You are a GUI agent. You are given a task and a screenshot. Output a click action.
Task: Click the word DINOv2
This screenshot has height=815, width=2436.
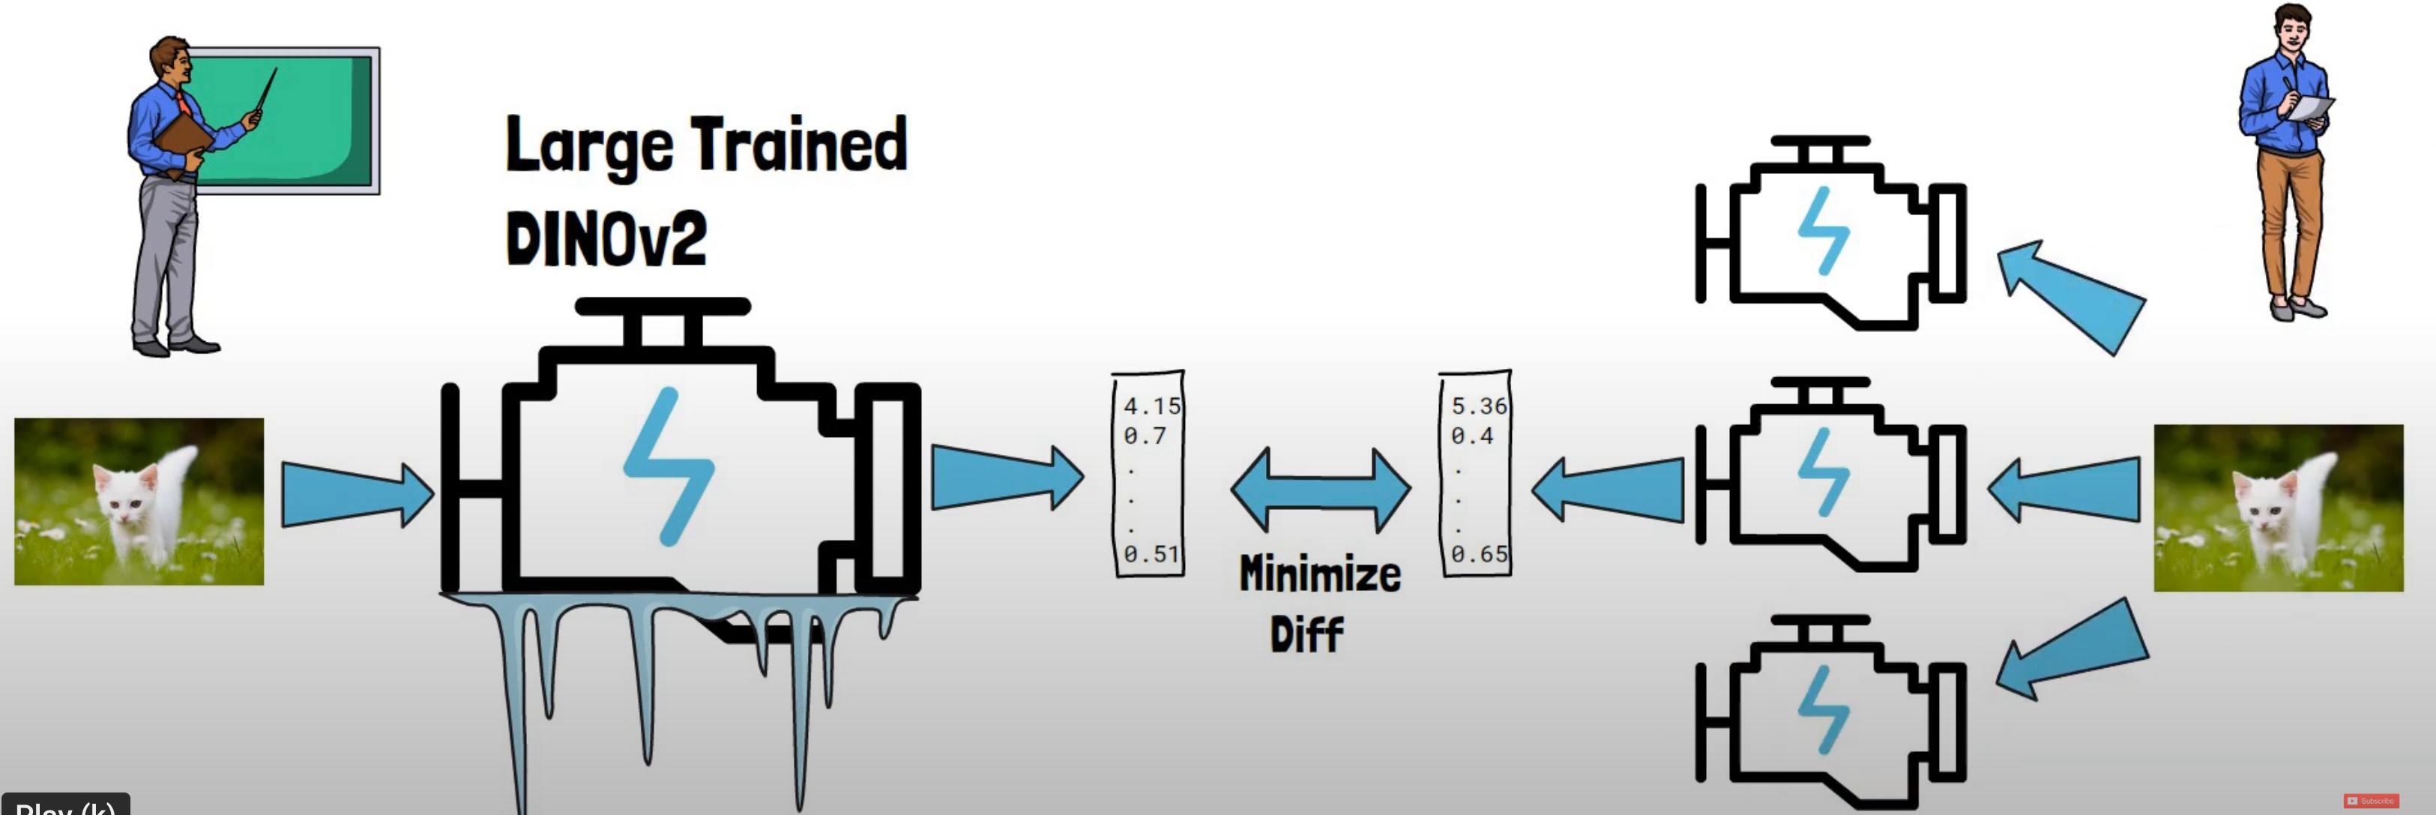606,238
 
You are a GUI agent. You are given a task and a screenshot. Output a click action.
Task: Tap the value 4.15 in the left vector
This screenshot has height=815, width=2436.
1152,406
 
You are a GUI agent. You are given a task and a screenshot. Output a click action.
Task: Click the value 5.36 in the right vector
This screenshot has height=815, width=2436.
1479,406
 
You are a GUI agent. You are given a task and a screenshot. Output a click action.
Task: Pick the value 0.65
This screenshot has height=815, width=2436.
1479,554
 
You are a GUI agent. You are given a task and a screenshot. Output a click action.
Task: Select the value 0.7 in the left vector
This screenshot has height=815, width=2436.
1145,436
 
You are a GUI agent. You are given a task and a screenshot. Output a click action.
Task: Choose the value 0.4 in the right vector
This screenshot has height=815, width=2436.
1472,436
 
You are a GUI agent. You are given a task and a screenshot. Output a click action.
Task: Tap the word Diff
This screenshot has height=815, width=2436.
1306,634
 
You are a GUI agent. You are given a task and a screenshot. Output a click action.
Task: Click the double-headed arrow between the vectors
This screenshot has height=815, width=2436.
1320,490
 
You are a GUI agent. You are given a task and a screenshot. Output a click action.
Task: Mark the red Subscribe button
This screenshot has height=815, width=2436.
2371,801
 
